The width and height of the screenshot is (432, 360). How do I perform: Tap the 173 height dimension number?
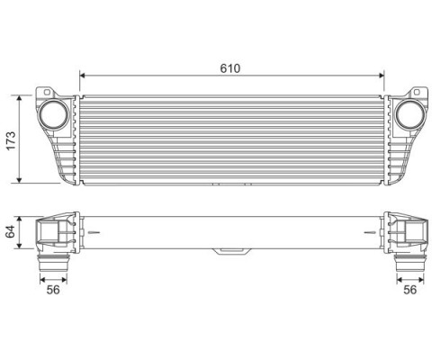click(11, 138)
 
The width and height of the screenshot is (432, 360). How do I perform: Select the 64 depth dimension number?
click(11, 231)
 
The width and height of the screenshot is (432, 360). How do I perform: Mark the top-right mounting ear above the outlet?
click(418, 93)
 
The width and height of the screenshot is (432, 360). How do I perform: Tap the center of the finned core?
click(232, 139)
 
